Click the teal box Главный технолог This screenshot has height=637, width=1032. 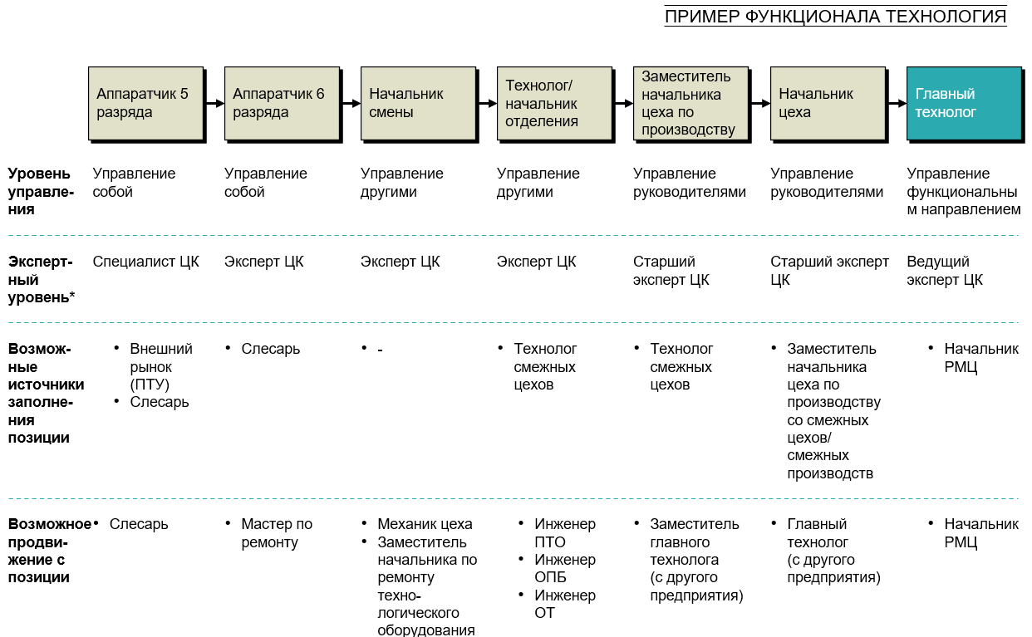tap(963, 103)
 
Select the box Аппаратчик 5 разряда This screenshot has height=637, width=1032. tap(145, 103)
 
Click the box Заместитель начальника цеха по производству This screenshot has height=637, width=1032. tap(690, 103)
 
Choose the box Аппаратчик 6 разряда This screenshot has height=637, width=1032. tap(282, 103)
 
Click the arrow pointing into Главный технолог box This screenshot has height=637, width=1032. tap(897, 104)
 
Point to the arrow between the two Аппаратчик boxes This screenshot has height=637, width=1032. tap(214, 104)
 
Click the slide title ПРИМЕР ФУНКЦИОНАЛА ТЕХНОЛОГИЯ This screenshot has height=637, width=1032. tap(835, 17)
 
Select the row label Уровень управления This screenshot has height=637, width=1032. tap(40, 191)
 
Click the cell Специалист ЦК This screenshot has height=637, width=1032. tap(145, 262)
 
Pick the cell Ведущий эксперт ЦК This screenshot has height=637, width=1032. tap(945, 271)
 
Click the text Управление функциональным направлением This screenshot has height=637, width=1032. tap(963, 192)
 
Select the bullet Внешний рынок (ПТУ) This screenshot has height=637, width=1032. tap(160, 366)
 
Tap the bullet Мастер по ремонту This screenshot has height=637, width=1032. tap(277, 533)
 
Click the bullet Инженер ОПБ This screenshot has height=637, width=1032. tap(565, 568)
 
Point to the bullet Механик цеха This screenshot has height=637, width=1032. tap(425, 524)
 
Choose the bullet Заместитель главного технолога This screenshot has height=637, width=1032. tap(695, 560)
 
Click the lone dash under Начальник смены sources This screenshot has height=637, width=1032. tap(380, 350)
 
